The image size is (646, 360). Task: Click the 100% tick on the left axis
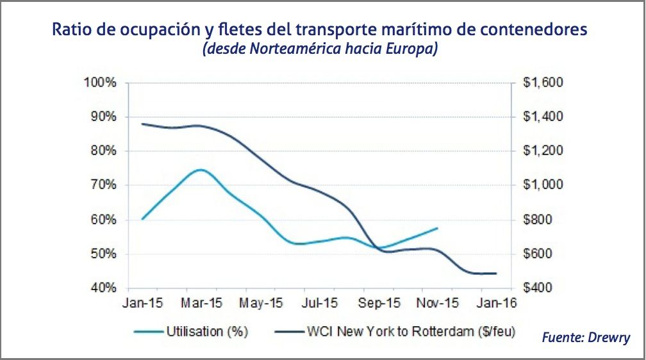(x=101, y=83)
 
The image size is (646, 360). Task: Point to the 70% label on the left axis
(x=103, y=185)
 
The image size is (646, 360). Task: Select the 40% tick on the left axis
(x=103, y=288)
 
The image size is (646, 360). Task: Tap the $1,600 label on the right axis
(x=542, y=83)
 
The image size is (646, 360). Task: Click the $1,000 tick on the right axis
(x=542, y=185)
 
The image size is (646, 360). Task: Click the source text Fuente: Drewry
(x=586, y=338)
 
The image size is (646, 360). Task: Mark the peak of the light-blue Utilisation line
(x=201, y=170)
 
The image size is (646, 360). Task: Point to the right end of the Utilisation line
(x=438, y=228)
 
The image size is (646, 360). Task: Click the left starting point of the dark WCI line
(x=142, y=124)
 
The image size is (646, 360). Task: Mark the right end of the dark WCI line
(x=496, y=274)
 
